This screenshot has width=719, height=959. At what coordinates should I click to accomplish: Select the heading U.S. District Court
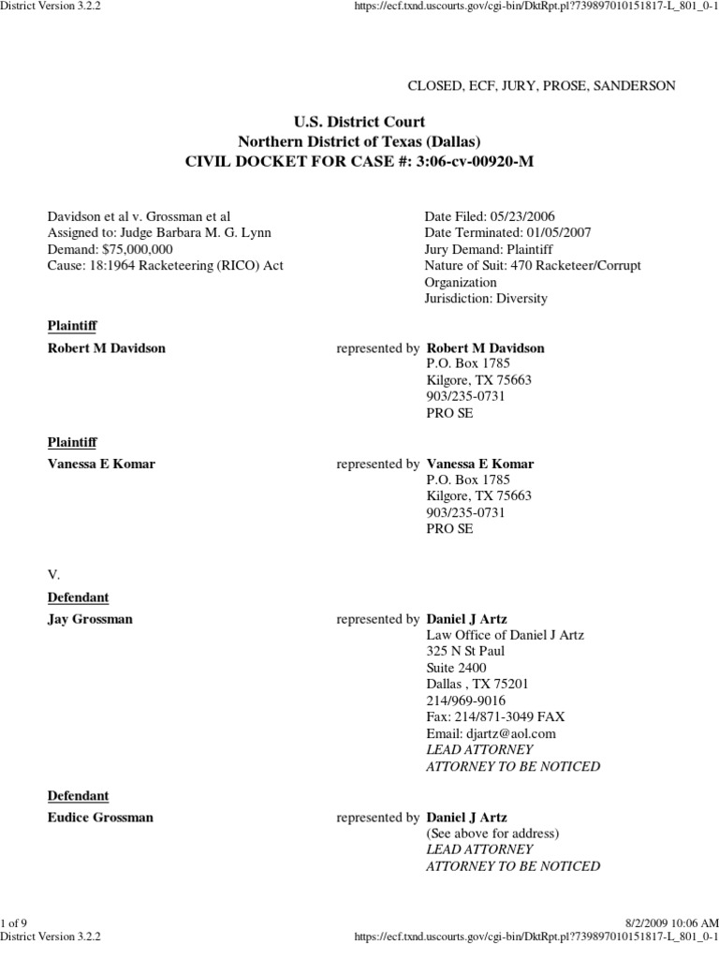pos(359,122)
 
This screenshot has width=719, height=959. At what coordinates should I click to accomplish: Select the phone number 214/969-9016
pos(466,700)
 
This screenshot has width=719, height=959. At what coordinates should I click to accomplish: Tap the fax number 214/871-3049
pos(496,716)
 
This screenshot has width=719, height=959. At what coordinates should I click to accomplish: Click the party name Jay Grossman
pos(90,619)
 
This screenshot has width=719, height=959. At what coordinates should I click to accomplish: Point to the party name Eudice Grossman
pos(100,817)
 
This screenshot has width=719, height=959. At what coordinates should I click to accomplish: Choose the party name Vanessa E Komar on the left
pos(101,464)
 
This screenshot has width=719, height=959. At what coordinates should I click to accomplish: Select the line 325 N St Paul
pos(466,651)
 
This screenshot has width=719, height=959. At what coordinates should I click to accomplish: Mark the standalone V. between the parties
pos(54,572)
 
